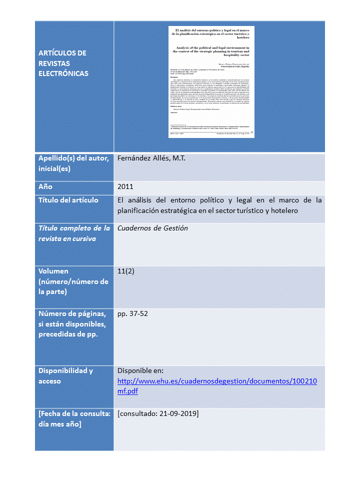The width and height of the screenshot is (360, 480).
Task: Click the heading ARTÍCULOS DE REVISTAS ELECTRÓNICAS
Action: pyautogui.click(x=63, y=63)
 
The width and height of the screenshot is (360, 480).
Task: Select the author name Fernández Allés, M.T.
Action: pyautogui.click(x=151, y=159)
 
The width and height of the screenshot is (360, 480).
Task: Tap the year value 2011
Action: pyautogui.click(x=125, y=186)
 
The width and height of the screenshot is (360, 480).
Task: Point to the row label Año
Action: pyautogui.click(x=45, y=186)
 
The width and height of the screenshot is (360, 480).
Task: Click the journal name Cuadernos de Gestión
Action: pyautogui.click(x=152, y=228)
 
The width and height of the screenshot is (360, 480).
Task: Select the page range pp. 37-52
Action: pyautogui.click(x=132, y=314)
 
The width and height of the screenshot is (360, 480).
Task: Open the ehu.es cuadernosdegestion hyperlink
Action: pyautogui.click(x=217, y=386)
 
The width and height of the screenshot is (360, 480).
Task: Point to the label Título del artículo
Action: pyautogui.click(x=68, y=200)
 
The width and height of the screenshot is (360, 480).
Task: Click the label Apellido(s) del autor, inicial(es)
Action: pyautogui.click(x=73, y=163)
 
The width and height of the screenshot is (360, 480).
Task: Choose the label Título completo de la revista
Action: pyautogui.click(x=74, y=233)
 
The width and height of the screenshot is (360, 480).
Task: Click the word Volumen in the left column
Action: pyautogui.click(x=53, y=271)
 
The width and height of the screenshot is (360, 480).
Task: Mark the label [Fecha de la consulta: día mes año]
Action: pyautogui.click(x=74, y=419)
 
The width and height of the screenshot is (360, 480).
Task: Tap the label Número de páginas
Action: pyautogui.click(x=72, y=314)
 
